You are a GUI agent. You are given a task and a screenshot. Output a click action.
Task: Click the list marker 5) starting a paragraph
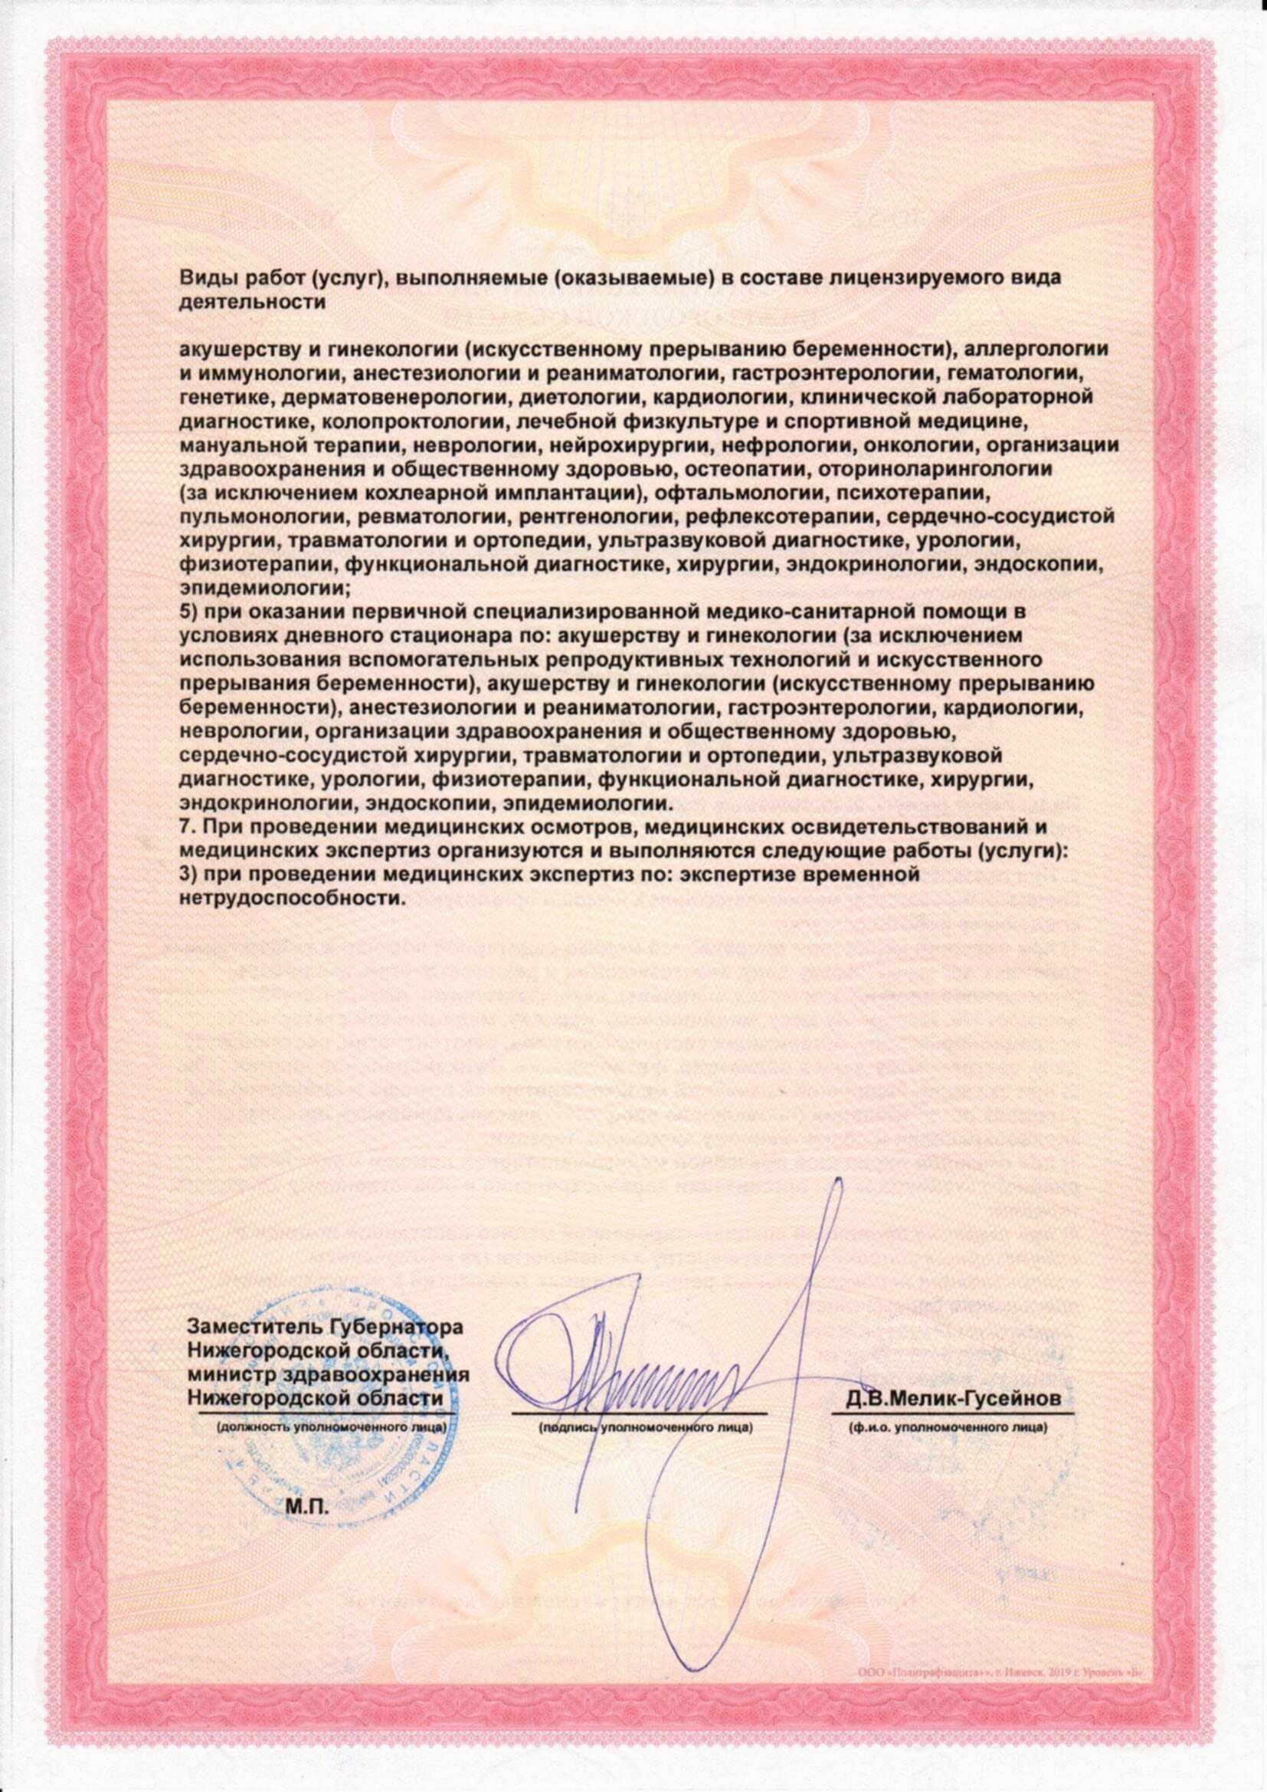[189, 609]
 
